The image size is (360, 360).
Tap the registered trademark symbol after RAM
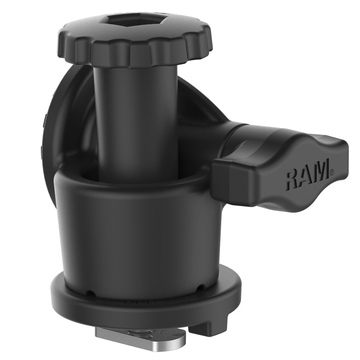point(332,171)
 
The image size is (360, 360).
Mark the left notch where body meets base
point(91,293)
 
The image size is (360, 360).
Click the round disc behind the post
point(67,126)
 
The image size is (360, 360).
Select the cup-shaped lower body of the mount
point(135,234)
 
